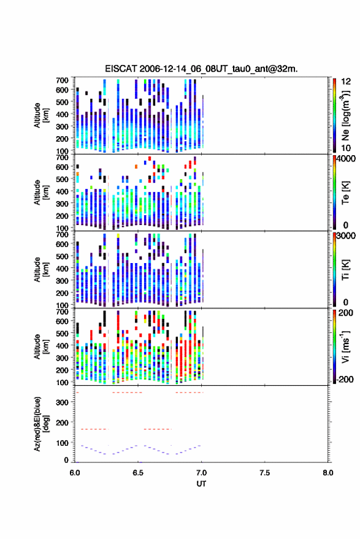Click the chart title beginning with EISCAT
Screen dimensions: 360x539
[201, 69]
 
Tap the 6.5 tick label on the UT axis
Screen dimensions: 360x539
[138, 473]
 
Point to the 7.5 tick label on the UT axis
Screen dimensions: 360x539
[264, 473]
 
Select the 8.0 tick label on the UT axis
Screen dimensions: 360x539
[328, 473]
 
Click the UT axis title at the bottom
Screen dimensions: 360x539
[201, 484]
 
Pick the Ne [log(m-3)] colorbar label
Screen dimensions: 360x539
[345, 115]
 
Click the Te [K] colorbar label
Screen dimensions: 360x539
[345, 193]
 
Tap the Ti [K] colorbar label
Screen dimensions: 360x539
[345, 270]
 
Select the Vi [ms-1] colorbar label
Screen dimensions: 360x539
[345, 346]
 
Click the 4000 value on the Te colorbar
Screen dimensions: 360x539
[346, 159]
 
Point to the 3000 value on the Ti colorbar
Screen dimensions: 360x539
[346, 236]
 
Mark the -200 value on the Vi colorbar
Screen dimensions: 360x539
[345, 379]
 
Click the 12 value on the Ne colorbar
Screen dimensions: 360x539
[346, 82]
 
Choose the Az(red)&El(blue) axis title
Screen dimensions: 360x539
[41, 424]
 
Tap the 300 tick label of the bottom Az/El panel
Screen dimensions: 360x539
[62, 402]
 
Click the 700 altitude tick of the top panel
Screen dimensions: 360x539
[62, 80]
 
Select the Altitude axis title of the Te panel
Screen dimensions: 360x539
[41, 193]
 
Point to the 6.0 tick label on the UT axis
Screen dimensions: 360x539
[75, 473]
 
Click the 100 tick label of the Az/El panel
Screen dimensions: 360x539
[62, 443]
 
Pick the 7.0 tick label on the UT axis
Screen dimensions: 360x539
[201, 473]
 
